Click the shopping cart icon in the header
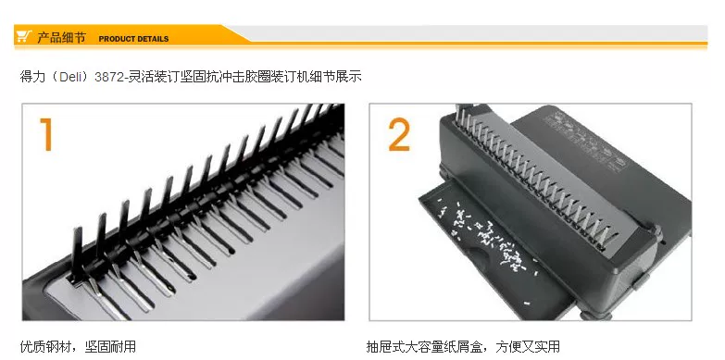pyautogui.click(x=23, y=36)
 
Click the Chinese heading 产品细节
pyautogui.click(x=61, y=37)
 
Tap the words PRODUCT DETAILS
pyautogui.click(x=133, y=39)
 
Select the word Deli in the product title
pyautogui.click(x=70, y=76)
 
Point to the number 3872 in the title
pyautogui.click(x=107, y=76)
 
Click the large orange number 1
pyautogui.click(x=46, y=134)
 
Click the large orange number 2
pyautogui.click(x=399, y=134)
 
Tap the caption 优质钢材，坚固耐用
pyautogui.click(x=78, y=346)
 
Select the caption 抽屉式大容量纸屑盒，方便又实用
pyautogui.click(x=463, y=346)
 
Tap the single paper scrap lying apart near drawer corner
pyautogui.click(x=527, y=304)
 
